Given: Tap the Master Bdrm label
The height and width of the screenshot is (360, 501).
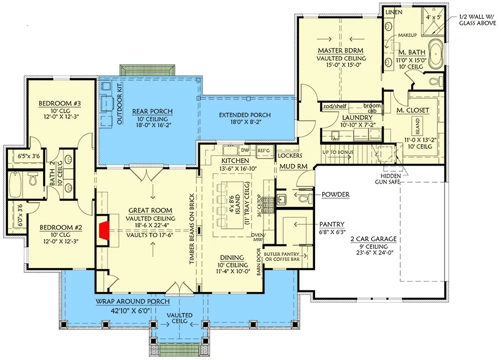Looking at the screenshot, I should pos(341,51).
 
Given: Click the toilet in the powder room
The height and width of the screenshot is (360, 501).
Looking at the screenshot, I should pos(302,199).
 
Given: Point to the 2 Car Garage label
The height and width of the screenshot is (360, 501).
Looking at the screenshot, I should pos(373,239).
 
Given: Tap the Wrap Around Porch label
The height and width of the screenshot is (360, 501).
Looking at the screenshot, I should pos(133,302).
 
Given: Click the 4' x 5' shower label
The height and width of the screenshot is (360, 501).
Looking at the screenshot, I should pos(432,17).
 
